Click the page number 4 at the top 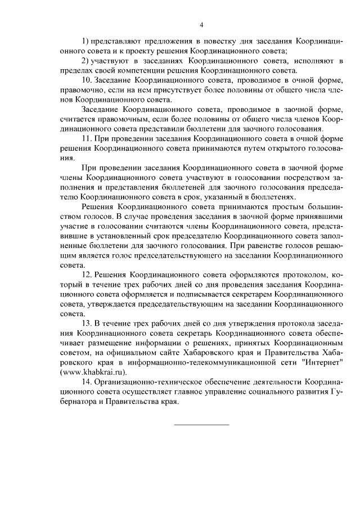[201, 25]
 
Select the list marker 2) [85, 61]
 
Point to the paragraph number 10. [86, 80]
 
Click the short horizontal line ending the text [201, 424]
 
